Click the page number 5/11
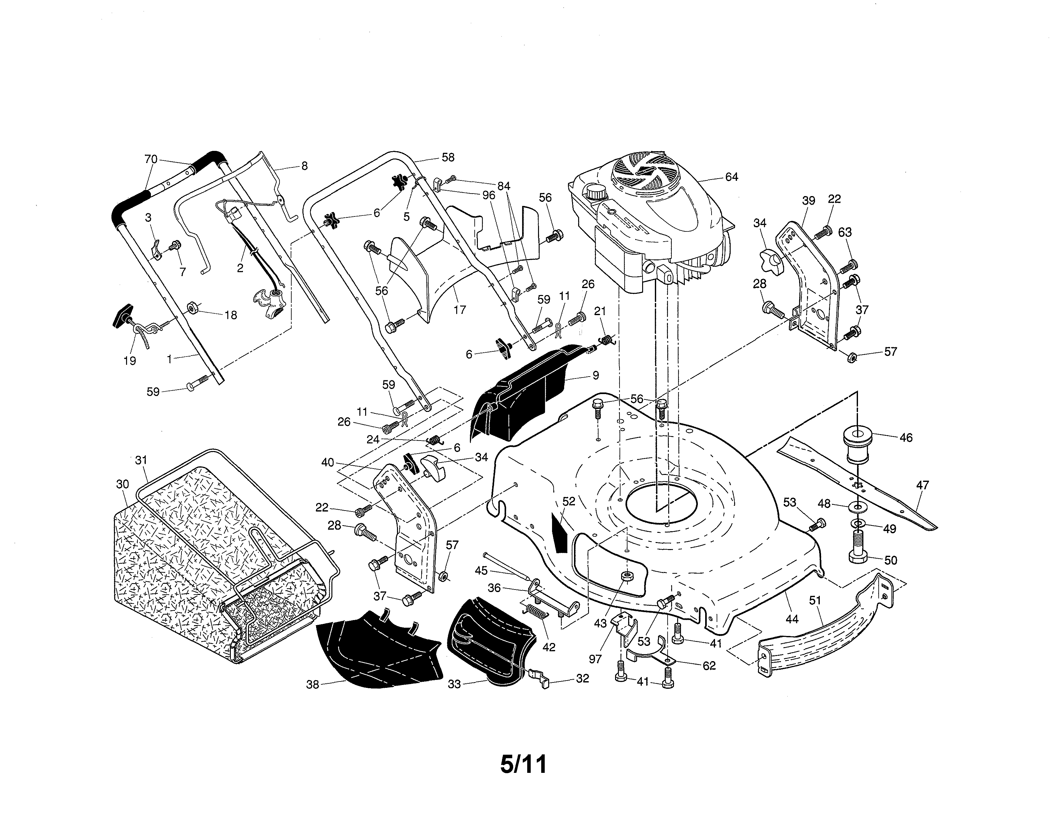pos(524,764)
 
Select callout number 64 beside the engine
pos(732,177)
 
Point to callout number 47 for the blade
pos(923,485)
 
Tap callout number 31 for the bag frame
pos(141,460)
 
